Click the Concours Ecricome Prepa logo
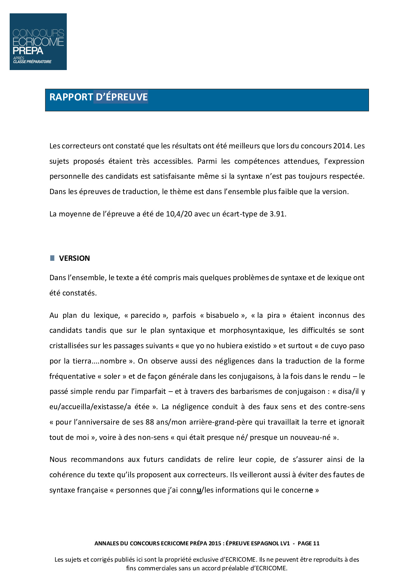click(38, 42)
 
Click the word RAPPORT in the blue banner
click(71, 97)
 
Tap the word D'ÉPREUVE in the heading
click(122, 97)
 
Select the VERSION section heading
click(74, 258)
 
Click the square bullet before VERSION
click(52, 258)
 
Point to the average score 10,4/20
click(179, 214)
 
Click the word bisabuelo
click(222, 315)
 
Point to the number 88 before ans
click(150, 422)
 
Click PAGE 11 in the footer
click(308, 543)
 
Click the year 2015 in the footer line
click(215, 543)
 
